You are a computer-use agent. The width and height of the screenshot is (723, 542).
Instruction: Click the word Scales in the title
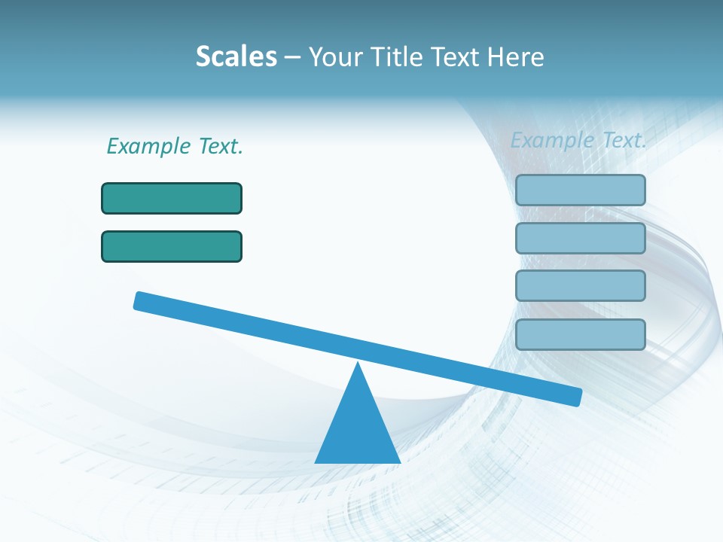click(x=236, y=56)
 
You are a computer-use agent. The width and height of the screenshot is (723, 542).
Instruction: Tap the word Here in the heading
click(x=516, y=56)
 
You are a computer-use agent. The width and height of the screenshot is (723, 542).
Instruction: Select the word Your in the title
click(x=335, y=56)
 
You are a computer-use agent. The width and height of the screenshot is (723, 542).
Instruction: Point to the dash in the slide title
click(x=292, y=57)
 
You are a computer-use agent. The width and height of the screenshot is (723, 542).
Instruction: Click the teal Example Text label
click(x=175, y=146)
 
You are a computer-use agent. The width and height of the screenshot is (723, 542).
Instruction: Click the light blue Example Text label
click(x=578, y=140)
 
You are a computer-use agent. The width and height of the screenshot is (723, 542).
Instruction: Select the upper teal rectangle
click(x=172, y=198)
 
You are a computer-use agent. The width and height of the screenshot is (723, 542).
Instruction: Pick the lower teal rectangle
click(x=172, y=246)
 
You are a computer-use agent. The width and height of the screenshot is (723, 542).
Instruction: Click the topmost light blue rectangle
click(x=580, y=190)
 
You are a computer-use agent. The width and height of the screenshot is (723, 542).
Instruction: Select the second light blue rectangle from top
click(x=580, y=238)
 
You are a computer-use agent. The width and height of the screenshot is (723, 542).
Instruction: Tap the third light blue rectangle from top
click(x=580, y=285)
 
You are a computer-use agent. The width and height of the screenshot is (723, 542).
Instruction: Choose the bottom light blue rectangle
click(x=580, y=334)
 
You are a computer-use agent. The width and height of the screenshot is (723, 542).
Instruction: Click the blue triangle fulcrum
click(x=358, y=429)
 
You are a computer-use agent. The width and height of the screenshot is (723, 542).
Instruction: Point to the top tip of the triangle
click(x=358, y=364)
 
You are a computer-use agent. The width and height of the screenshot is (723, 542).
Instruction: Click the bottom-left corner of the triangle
click(x=316, y=461)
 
